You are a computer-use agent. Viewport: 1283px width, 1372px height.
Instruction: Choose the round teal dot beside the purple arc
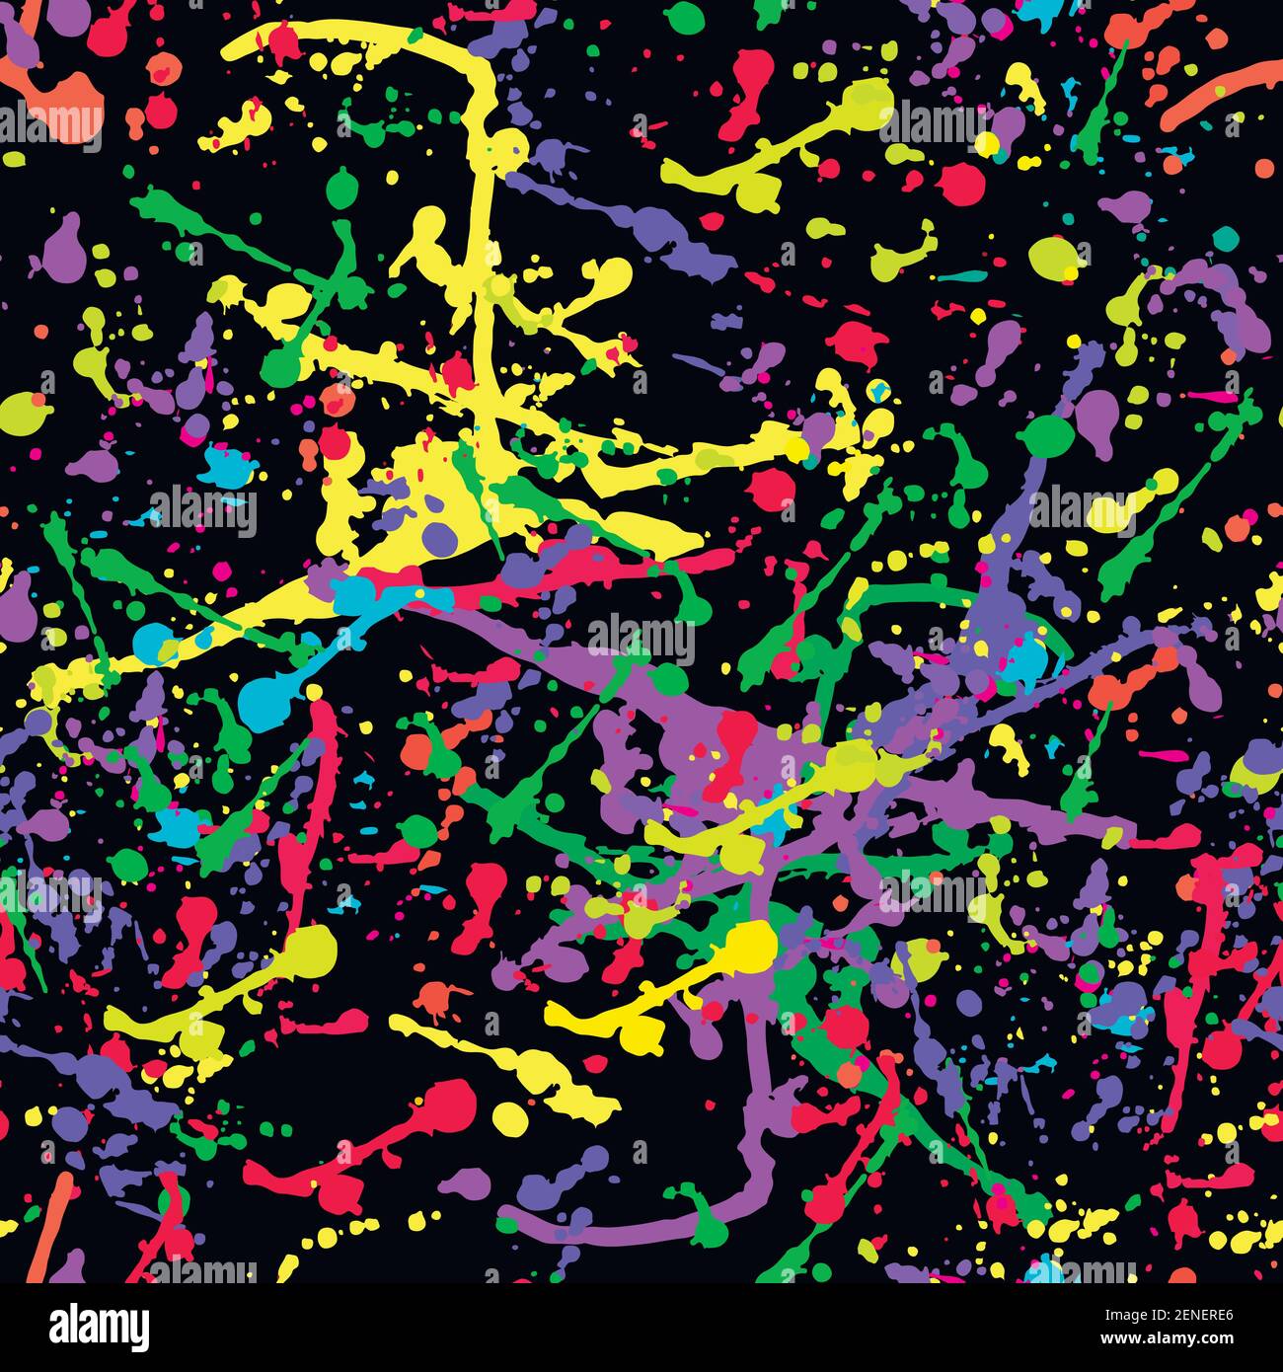click(1226, 237)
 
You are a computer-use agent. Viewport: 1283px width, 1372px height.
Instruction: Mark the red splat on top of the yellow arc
click(285, 40)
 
